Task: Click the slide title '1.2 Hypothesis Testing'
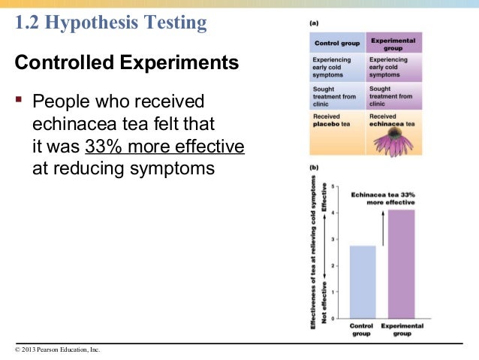pyautogui.click(x=111, y=23)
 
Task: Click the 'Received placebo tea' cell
pyautogui.click(x=336, y=121)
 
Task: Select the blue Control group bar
pyautogui.click(x=363, y=282)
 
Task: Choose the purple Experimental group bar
pyautogui.click(x=401, y=263)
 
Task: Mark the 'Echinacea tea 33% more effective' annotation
pyautogui.click(x=390, y=198)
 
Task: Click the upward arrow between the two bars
pyautogui.click(x=382, y=228)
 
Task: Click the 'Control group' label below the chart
pyautogui.click(x=363, y=330)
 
